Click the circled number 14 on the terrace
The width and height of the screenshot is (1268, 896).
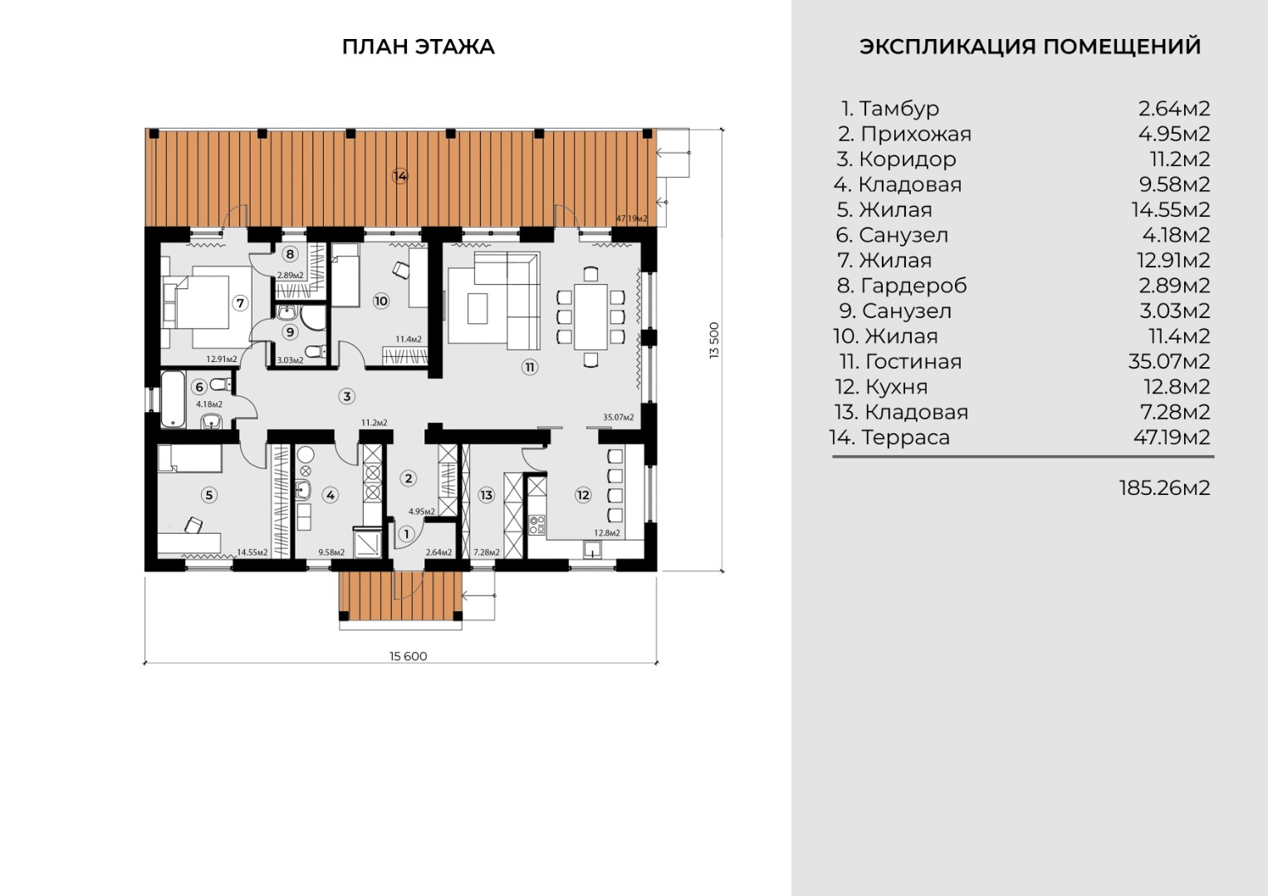pyautogui.click(x=399, y=176)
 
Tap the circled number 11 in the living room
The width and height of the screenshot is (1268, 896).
pyautogui.click(x=529, y=367)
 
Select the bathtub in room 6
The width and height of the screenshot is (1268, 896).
pyautogui.click(x=174, y=399)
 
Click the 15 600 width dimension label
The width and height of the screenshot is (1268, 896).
pyautogui.click(x=409, y=656)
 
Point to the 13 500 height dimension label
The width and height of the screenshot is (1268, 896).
pyautogui.click(x=714, y=340)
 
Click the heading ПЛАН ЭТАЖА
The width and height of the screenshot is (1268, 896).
pyautogui.click(x=419, y=47)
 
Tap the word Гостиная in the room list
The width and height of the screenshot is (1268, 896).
pyautogui.click(x=913, y=361)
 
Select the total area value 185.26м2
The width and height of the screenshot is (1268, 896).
pyautogui.click(x=1164, y=488)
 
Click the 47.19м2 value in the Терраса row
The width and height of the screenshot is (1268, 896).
pyautogui.click(x=1171, y=437)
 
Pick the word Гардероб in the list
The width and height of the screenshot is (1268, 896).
pyautogui.click(x=913, y=286)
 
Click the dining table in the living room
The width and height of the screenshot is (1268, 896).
pyautogui.click(x=590, y=317)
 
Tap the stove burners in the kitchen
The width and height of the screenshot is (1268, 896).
pyautogui.click(x=536, y=526)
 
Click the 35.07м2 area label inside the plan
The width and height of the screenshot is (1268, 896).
pyautogui.click(x=618, y=417)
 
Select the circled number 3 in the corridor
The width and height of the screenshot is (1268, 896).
pyautogui.click(x=347, y=396)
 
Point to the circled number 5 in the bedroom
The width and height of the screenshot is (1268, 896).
pyautogui.click(x=209, y=495)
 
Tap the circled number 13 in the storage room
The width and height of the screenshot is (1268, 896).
pyautogui.click(x=487, y=495)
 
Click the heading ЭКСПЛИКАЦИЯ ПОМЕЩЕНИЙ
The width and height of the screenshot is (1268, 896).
pyautogui.click(x=1031, y=47)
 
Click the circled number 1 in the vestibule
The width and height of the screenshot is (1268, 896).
pyautogui.click(x=406, y=534)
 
